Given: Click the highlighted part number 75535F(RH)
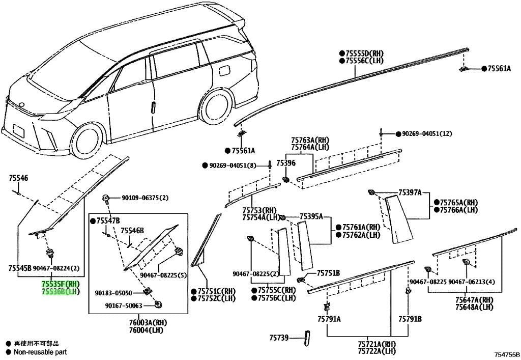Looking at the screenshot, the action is pyautogui.click(x=61, y=284).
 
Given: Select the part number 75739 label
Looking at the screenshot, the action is pyautogui.click(x=278, y=338).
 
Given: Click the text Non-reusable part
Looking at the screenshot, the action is pyautogui.click(x=40, y=352).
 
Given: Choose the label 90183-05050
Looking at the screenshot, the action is pyautogui.click(x=113, y=293).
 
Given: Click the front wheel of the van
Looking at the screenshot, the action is pyautogui.click(x=88, y=142).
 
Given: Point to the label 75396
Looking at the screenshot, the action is pyautogui.click(x=286, y=163).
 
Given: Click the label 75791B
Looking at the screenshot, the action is pyautogui.click(x=410, y=319).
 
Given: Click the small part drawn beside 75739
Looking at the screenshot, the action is pyautogui.click(x=307, y=338).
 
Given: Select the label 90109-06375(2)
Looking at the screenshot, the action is pyautogui.click(x=145, y=198).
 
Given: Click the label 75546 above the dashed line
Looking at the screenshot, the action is pyautogui.click(x=18, y=178).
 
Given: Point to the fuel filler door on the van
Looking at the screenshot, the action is pyautogui.click(x=225, y=71).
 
